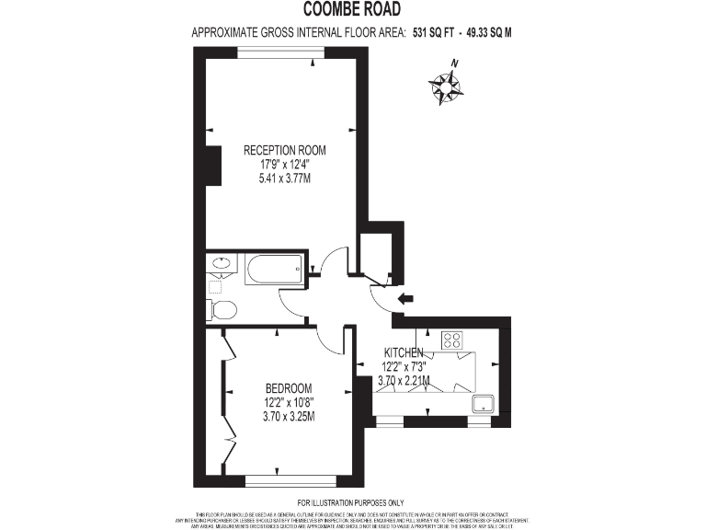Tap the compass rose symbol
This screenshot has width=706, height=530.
pyautogui.click(x=446, y=86)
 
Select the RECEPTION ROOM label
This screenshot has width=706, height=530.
pyautogui.click(x=284, y=150)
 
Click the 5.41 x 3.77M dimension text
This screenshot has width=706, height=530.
pyautogui.click(x=284, y=178)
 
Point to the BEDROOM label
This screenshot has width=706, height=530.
pyautogui.click(x=289, y=387)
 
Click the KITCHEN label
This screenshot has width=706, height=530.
pyautogui.click(x=404, y=352)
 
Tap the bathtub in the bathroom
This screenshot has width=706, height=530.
pyautogui.click(x=273, y=270)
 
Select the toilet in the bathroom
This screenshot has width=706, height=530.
pyautogui.click(x=221, y=308)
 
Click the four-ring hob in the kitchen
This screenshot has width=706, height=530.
pyautogui.click(x=451, y=340)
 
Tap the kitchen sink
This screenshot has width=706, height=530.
pyautogui.click(x=483, y=403)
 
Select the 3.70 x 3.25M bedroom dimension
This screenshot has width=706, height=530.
pyautogui.click(x=289, y=416)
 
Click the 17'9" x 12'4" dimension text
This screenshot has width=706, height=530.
pyautogui.click(x=284, y=164)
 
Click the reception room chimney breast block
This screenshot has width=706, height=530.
pyautogui.click(x=213, y=167)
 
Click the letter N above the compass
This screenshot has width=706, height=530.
pyautogui.click(x=454, y=63)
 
